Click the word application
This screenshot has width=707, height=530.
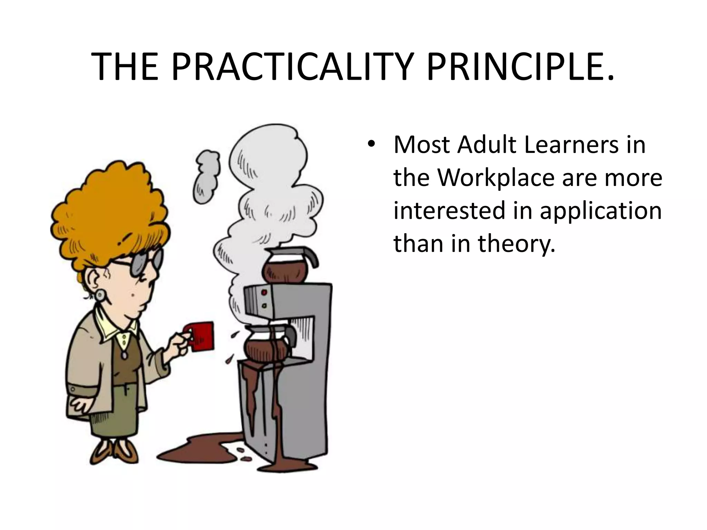point(600,211)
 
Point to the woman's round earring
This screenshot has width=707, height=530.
point(100,294)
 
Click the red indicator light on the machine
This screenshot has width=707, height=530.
point(265,293)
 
